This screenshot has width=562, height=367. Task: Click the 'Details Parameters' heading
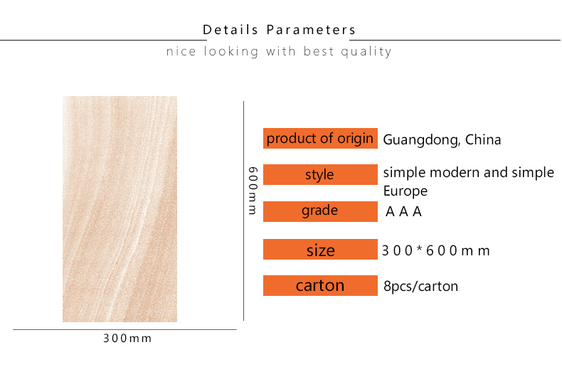point(279,30)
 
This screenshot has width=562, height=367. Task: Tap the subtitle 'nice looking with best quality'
point(279,52)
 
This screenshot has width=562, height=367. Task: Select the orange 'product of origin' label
point(320,139)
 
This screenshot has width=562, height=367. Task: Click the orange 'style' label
point(320,174)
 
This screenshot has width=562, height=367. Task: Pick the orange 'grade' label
point(320,211)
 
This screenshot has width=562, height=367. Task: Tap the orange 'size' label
point(320,249)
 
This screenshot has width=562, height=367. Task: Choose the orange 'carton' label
point(320,286)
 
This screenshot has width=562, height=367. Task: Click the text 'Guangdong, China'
point(442,140)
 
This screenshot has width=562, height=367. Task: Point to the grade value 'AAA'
point(403,212)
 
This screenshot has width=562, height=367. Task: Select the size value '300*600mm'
point(435,250)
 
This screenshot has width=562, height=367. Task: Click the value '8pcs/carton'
point(420,287)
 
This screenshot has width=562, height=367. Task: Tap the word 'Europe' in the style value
point(405,191)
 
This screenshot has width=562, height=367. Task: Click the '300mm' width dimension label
point(127,339)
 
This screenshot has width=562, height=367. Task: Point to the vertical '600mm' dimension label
point(253,191)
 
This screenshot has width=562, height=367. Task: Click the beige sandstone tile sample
point(120,209)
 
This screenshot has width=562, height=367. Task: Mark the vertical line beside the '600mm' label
point(244,211)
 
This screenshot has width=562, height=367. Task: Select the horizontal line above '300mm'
point(124,329)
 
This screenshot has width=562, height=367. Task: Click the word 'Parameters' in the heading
point(311,30)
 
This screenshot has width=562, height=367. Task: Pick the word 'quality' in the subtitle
point(366,52)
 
